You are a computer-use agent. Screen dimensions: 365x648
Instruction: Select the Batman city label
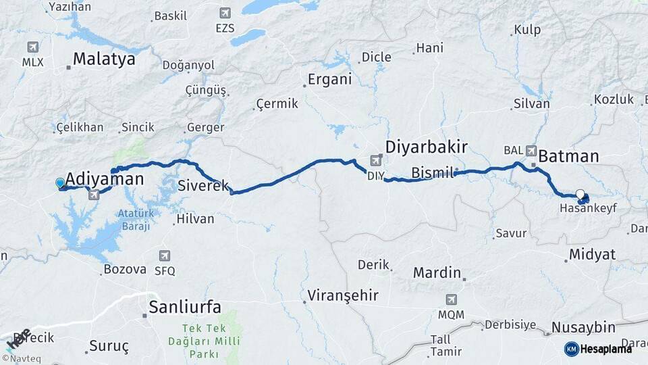point(568,157)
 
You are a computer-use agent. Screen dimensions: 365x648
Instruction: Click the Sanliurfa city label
point(184,307)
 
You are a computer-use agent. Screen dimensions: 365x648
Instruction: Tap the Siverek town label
point(204,185)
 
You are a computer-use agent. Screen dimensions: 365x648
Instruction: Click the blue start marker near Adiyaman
point(60,183)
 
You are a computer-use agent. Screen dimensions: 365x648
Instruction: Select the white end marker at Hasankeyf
point(580,194)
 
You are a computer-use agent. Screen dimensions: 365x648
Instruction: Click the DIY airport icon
point(375,161)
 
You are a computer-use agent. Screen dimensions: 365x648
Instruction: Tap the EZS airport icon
point(225,13)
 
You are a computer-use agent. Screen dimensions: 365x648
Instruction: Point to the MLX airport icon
point(32,47)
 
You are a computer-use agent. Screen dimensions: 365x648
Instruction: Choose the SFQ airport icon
point(164,256)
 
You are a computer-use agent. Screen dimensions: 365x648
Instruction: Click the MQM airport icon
point(451,299)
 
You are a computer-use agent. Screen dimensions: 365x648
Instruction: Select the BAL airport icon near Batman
point(531,150)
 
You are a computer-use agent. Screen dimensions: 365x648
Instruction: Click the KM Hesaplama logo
point(598,349)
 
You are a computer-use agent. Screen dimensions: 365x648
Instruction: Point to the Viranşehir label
point(343,295)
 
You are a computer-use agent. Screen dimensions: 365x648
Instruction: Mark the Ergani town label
point(329,79)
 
